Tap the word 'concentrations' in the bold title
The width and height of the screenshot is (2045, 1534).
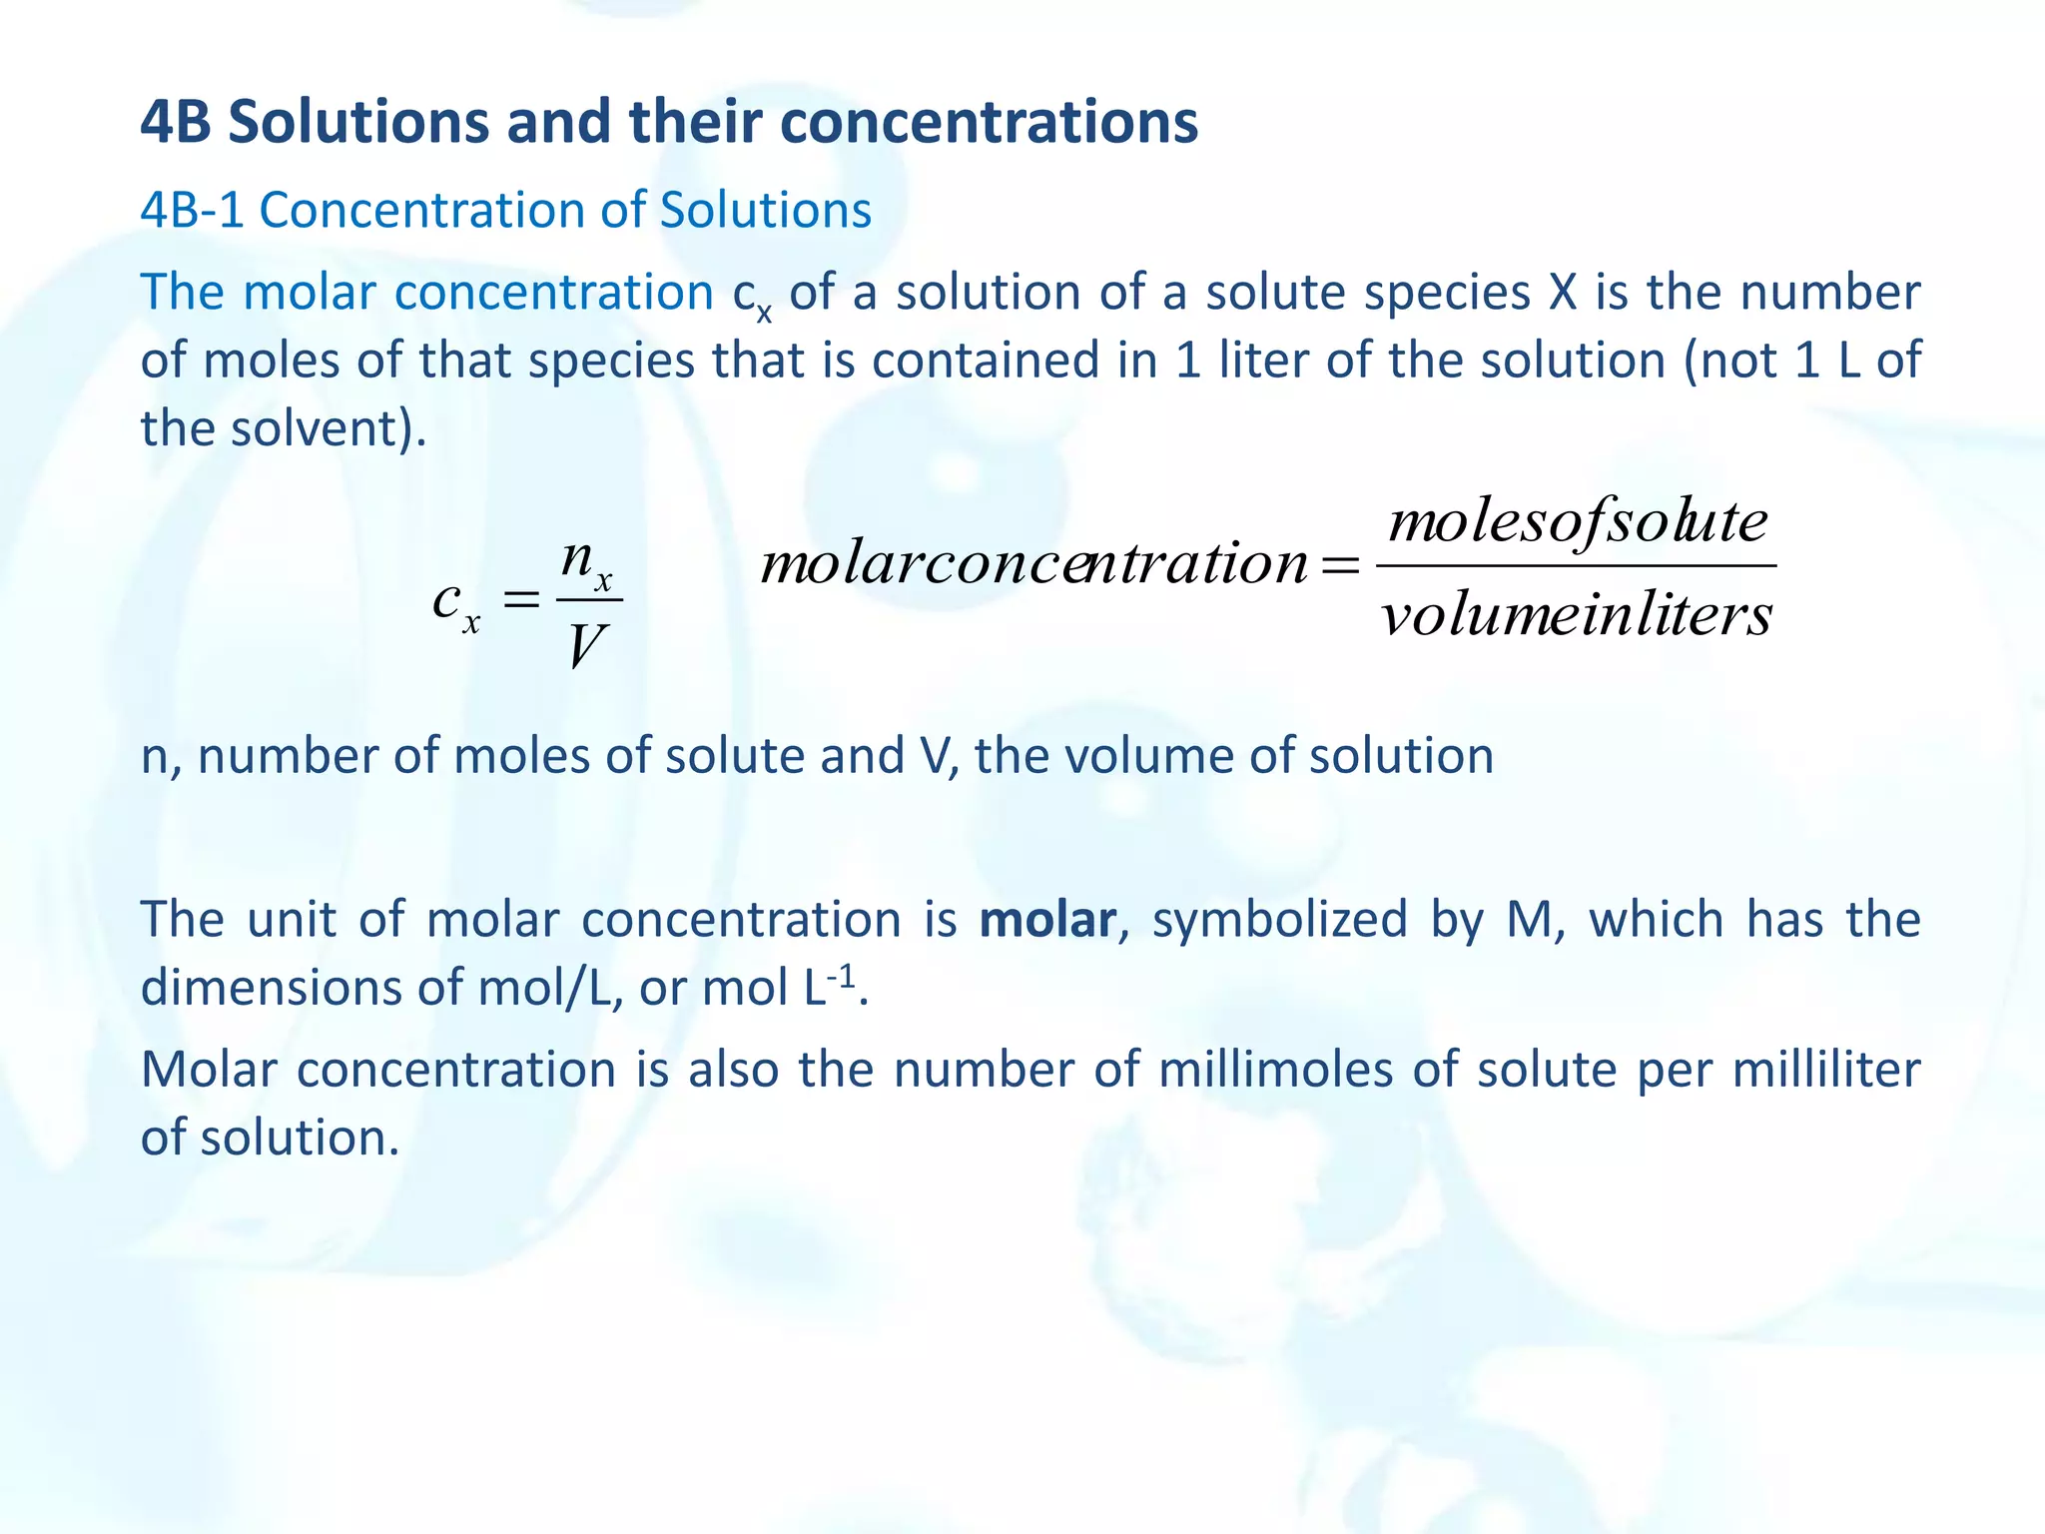pos(988,122)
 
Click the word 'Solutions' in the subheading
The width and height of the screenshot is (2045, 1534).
pos(766,211)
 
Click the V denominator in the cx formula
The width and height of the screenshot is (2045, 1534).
pos(586,646)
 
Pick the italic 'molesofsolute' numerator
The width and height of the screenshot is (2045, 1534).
pos(1578,522)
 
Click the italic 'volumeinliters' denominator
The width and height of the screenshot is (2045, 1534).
pos(1577,614)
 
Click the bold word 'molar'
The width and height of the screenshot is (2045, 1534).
pos(1046,920)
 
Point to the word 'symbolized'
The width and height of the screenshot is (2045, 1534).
pos(1279,920)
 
